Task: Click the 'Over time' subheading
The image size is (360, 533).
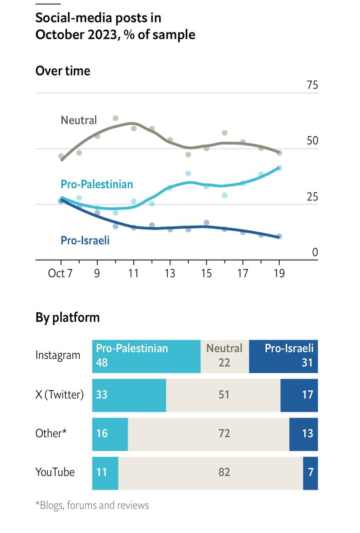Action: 63,71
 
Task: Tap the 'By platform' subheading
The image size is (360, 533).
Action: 67,317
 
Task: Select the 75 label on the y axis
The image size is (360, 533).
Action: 312,85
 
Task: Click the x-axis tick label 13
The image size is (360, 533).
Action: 170,273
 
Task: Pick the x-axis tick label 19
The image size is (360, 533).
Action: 279,273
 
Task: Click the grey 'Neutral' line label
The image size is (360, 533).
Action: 79,120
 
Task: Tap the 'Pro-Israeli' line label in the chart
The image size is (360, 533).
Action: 85,240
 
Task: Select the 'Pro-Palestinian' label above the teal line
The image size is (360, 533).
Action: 97,184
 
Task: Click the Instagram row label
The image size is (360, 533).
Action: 58,355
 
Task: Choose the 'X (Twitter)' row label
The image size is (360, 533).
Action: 60,394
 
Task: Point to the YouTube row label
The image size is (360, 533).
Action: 55,472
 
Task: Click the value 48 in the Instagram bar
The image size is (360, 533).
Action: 102,363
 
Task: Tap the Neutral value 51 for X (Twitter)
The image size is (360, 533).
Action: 224,394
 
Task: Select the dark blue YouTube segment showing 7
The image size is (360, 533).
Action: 310,473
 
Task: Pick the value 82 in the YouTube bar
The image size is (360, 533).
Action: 224,473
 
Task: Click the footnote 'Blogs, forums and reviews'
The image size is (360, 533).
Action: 92,506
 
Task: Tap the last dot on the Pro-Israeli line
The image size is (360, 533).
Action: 279,237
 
